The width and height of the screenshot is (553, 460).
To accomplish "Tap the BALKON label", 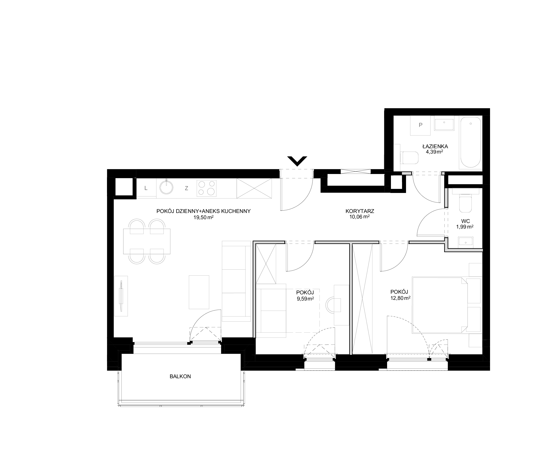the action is (180, 377).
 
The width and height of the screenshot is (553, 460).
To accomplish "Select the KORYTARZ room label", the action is (360, 211).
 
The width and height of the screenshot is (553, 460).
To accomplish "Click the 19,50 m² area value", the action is (203, 217).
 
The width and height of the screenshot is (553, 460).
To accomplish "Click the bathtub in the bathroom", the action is (470, 142).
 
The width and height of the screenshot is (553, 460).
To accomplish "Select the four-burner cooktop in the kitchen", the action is (207, 188).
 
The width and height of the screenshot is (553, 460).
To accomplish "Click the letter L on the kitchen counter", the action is (146, 188).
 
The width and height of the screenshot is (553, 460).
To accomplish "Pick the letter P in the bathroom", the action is (420, 125).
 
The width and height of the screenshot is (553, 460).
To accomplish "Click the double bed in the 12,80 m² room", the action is (440, 305).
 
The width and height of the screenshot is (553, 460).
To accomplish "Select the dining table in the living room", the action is (147, 241).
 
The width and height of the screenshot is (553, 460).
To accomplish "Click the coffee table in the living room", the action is (199, 292).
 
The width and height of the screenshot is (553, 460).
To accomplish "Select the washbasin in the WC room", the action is (466, 242).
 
